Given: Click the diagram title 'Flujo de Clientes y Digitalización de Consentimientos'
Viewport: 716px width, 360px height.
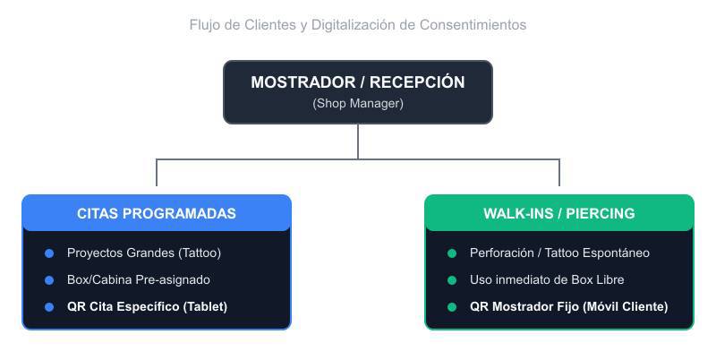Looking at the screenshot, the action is [357, 25].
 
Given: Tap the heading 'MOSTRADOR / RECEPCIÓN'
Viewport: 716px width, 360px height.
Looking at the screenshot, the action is [357, 82].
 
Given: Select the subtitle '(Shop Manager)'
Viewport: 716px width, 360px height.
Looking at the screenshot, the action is [357, 103].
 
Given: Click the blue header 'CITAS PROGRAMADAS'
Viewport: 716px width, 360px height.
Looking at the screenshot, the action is [156, 213].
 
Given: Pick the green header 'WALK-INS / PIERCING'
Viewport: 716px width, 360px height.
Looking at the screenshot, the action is [558, 213].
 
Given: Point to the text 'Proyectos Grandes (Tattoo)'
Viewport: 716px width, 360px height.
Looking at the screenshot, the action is [144, 253].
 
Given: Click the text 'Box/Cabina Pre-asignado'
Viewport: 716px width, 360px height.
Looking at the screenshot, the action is [139, 279].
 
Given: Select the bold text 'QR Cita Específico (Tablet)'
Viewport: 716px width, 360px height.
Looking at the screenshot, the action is [147, 306].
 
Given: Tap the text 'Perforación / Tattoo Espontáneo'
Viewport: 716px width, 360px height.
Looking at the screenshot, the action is [559, 253].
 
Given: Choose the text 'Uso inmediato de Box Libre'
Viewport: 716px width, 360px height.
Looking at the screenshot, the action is [547, 279].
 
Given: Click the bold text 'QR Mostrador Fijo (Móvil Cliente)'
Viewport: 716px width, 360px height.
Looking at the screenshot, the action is [568, 306].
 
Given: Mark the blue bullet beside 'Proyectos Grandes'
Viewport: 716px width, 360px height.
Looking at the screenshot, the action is [49, 253].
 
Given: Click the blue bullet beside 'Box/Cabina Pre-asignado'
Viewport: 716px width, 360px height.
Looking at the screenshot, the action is [49, 280].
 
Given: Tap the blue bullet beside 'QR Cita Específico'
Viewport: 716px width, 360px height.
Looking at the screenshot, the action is [49, 307].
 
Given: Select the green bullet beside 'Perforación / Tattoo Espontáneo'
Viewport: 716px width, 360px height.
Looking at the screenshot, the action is [452, 253].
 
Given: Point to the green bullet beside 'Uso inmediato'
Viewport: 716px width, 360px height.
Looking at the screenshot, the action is [452, 280].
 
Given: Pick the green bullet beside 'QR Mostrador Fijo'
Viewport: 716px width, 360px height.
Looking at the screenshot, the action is [452, 307].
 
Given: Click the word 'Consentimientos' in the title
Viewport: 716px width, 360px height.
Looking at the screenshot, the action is [473, 25].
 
